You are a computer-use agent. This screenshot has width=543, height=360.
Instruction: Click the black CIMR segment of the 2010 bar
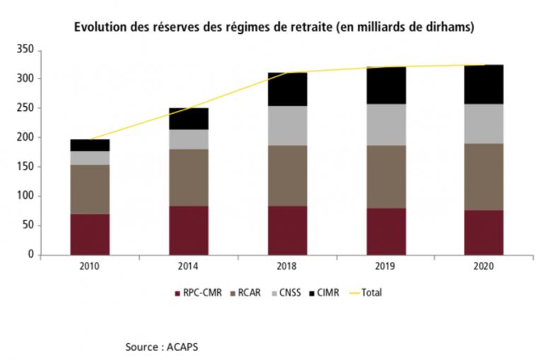tap(90, 145)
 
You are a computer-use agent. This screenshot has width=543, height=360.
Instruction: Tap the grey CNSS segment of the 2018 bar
tap(287, 126)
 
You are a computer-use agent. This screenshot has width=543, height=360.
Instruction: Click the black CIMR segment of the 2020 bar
tap(484, 84)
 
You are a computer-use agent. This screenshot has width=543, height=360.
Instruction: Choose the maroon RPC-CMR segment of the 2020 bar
tap(484, 232)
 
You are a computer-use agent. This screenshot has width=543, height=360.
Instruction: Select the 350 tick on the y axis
tap(25, 50)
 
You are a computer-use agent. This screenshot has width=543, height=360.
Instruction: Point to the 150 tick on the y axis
tap(25, 167)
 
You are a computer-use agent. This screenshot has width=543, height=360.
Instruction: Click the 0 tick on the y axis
tap(31, 255)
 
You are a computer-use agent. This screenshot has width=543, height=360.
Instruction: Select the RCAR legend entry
tap(250, 292)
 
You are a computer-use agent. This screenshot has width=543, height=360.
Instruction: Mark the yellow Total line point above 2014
tap(188, 108)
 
